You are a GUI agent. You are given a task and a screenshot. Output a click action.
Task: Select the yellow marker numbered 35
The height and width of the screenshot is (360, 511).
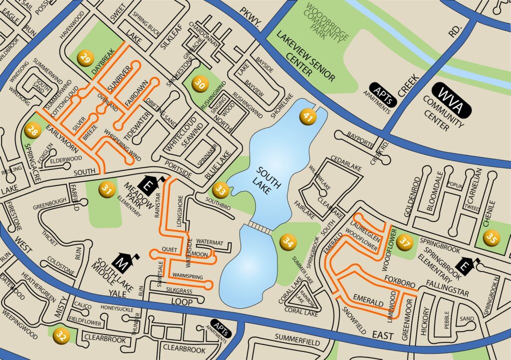[x=492, y=238]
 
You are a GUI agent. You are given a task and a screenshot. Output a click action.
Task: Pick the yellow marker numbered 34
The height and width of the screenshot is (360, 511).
[x=288, y=242]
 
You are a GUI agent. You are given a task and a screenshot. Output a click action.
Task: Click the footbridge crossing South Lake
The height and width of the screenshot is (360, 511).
[x=259, y=227]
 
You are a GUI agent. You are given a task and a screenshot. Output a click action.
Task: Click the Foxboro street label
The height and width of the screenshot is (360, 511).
[x=398, y=279]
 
